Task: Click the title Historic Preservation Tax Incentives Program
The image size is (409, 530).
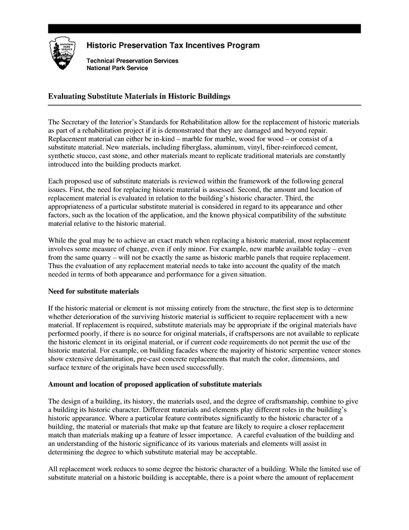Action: (173, 46)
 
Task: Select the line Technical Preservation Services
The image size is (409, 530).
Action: (132, 61)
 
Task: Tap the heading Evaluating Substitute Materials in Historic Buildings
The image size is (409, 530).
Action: (139, 97)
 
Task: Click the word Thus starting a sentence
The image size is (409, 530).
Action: (56, 266)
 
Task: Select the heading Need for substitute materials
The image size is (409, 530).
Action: (93, 291)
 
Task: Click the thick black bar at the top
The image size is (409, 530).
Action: (204, 29)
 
